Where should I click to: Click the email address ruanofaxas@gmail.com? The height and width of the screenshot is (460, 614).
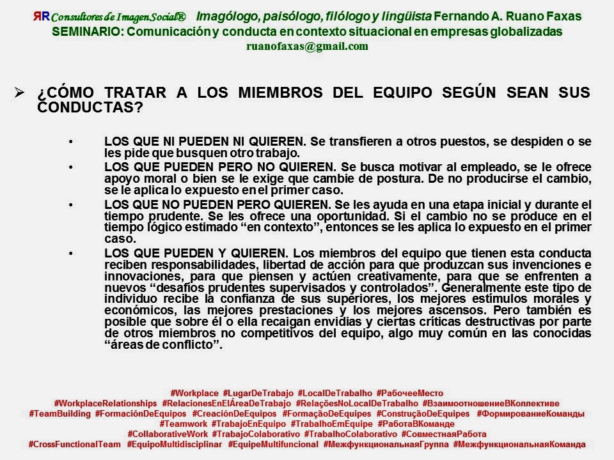[308, 46]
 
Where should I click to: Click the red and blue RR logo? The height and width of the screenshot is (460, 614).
[41, 17]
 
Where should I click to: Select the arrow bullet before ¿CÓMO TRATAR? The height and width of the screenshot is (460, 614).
[20, 93]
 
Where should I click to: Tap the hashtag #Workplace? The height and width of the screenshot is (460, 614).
[194, 393]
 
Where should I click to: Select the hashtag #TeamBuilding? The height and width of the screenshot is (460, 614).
[60, 413]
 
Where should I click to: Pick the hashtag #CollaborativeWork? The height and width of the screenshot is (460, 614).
[164, 434]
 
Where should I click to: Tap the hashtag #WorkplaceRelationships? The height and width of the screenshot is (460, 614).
[106, 403]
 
